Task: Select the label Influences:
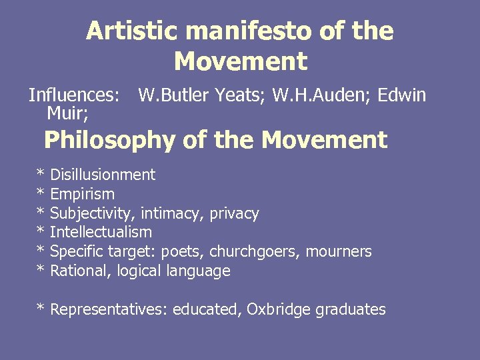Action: click(x=74, y=95)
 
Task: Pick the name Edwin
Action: click(x=401, y=95)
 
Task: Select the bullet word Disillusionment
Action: click(x=103, y=175)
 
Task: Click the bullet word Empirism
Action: click(x=82, y=195)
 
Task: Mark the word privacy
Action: click(x=234, y=214)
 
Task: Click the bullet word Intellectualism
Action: click(x=101, y=233)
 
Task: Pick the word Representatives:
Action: click(x=110, y=309)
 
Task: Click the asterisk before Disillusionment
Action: click(x=41, y=175)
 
